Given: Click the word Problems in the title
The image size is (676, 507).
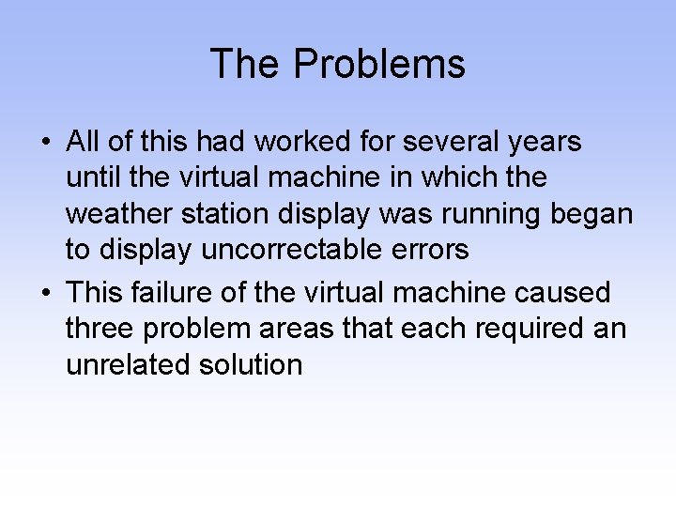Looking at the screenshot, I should click(379, 64).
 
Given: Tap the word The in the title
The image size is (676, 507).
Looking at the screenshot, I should click(246, 64).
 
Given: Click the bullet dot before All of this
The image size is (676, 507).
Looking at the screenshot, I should click(46, 144).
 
